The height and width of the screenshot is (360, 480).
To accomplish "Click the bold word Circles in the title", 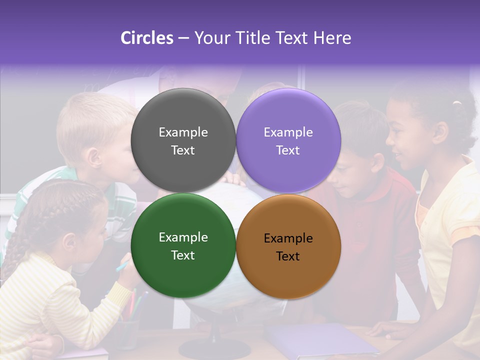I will pos(147,38).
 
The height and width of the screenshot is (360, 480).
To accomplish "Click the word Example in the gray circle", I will pos(183,132).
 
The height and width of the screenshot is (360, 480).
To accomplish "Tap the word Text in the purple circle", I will pos(288,150).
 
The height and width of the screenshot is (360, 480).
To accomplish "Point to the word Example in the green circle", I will pos(183,237).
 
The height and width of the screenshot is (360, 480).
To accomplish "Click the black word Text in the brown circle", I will pos(288,256).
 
